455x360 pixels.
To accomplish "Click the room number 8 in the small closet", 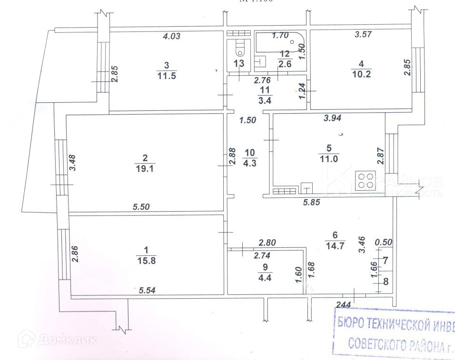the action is pyautogui.click(x=386, y=281).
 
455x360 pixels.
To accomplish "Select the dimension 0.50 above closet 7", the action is pyautogui.click(x=383, y=242).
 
